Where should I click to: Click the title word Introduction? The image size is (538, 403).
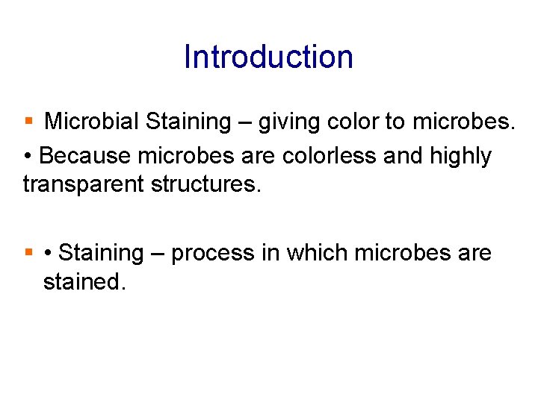coord(268,57)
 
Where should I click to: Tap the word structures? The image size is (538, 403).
coord(205,184)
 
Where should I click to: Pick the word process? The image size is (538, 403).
coord(213,254)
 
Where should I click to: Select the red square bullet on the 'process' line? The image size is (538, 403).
coord(29,253)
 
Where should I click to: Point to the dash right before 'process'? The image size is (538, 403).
coord(158,254)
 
